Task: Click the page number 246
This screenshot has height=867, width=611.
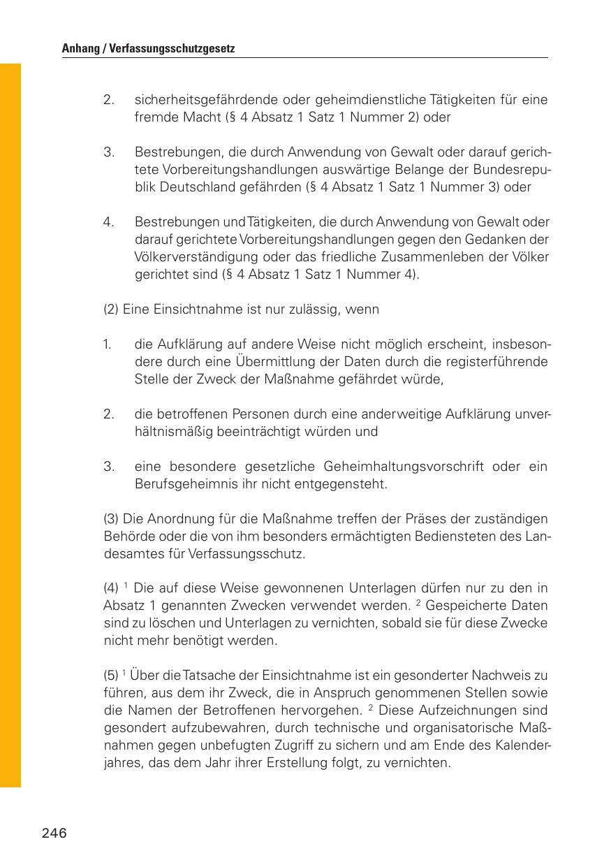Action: pyautogui.click(x=54, y=833)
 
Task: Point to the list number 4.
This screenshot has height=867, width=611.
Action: pyautogui.click(x=108, y=222)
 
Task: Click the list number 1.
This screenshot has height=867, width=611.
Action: pyautogui.click(x=108, y=345)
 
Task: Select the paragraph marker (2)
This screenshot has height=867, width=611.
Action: pyautogui.click(x=111, y=309)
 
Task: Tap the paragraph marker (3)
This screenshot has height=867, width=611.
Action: pyautogui.click(x=111, y=519)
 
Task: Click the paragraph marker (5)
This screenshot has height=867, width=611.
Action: pyautogui.click(x=111, y=676)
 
